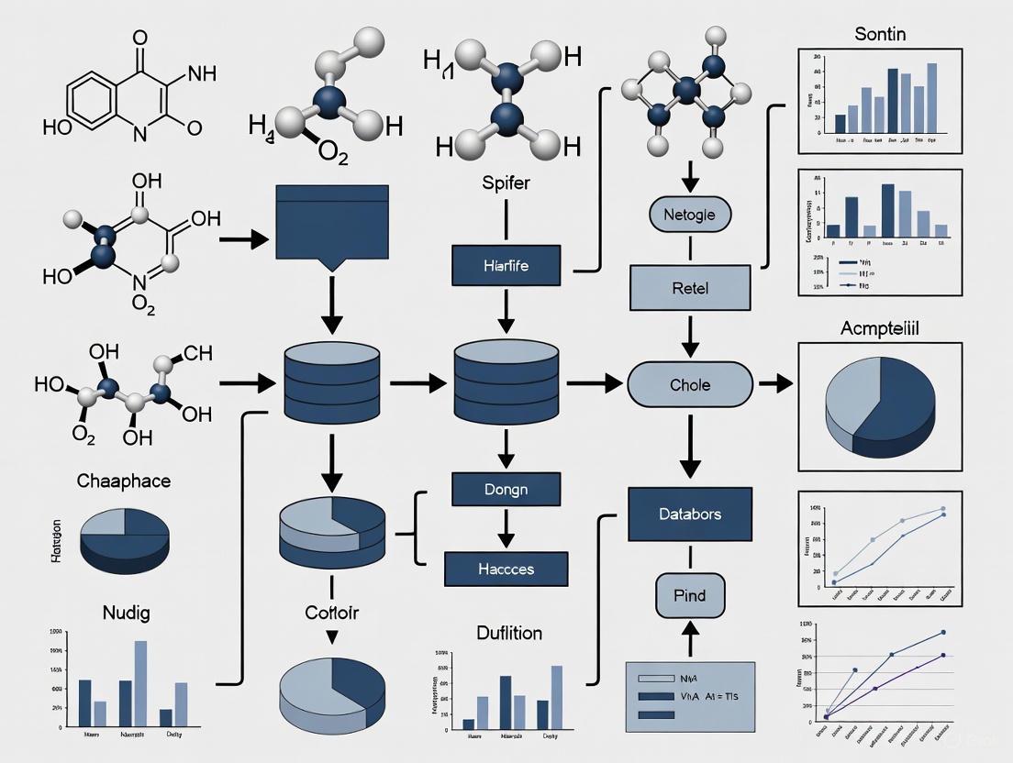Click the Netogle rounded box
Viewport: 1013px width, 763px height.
[689, 216]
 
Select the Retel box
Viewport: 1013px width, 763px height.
[689, 287]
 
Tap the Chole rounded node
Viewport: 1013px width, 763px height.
[689, 384]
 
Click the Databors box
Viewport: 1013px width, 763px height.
[689, 514]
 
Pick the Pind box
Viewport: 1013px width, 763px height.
[689, 595]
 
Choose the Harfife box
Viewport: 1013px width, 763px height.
[506, 266]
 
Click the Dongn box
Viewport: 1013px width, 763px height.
[506, 489]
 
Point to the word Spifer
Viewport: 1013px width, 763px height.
[506, 182]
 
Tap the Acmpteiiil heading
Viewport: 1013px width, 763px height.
[879, 328]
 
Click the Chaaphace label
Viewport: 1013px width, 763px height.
[124, 481]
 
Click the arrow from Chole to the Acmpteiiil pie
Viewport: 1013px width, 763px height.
[776, 384]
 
